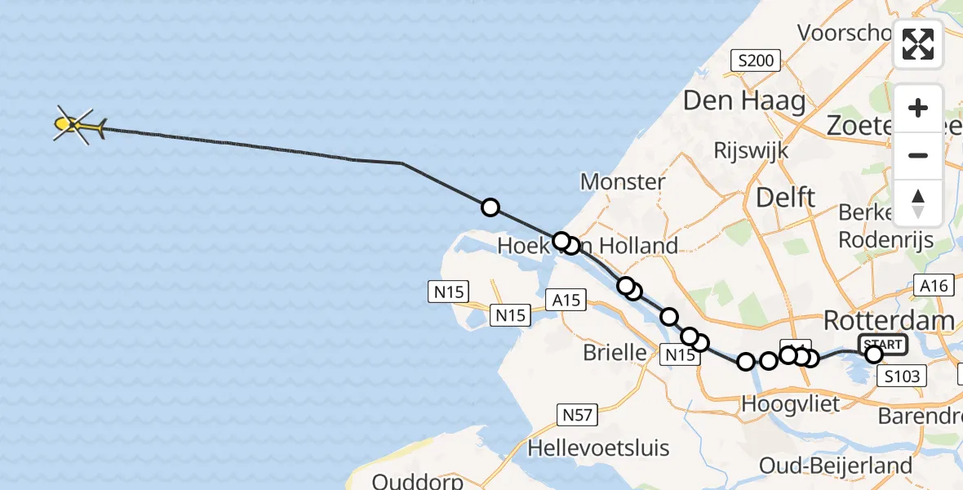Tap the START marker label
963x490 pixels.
coord(882,344)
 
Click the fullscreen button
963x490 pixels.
coord(918,44)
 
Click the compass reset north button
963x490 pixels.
coord(918,203)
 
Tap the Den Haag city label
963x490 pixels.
coord(743,102)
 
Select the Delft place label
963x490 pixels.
coord(785,197)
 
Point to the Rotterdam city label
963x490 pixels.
coord(889,320)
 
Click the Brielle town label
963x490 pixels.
coord(615,353)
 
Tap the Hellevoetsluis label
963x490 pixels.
coord(598,448)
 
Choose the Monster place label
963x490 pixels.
coord(623,181)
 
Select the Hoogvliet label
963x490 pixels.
coord(779,403)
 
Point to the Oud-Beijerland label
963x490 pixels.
coord(836,465)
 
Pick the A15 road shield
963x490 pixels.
coord(566,301)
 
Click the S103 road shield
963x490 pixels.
coord(903,376)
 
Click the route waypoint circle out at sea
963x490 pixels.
coord(490,207)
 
